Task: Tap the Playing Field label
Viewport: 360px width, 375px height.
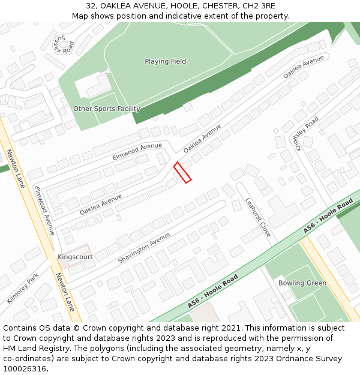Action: pos(165,61)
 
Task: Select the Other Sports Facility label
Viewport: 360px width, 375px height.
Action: pos(107,109)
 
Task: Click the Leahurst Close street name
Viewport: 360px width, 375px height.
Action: pos(258,217)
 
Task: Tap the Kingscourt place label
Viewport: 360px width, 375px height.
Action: pos(75,257)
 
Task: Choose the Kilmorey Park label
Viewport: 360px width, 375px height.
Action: pos(23,289)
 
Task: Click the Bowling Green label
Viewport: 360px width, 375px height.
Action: pos(302,283)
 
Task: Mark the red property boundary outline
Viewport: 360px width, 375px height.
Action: pos(182,172)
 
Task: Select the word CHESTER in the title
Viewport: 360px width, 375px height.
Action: pos(209,6)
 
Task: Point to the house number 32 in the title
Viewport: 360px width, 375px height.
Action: pos(91,6)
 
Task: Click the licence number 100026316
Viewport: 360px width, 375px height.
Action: pos(26,369)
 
